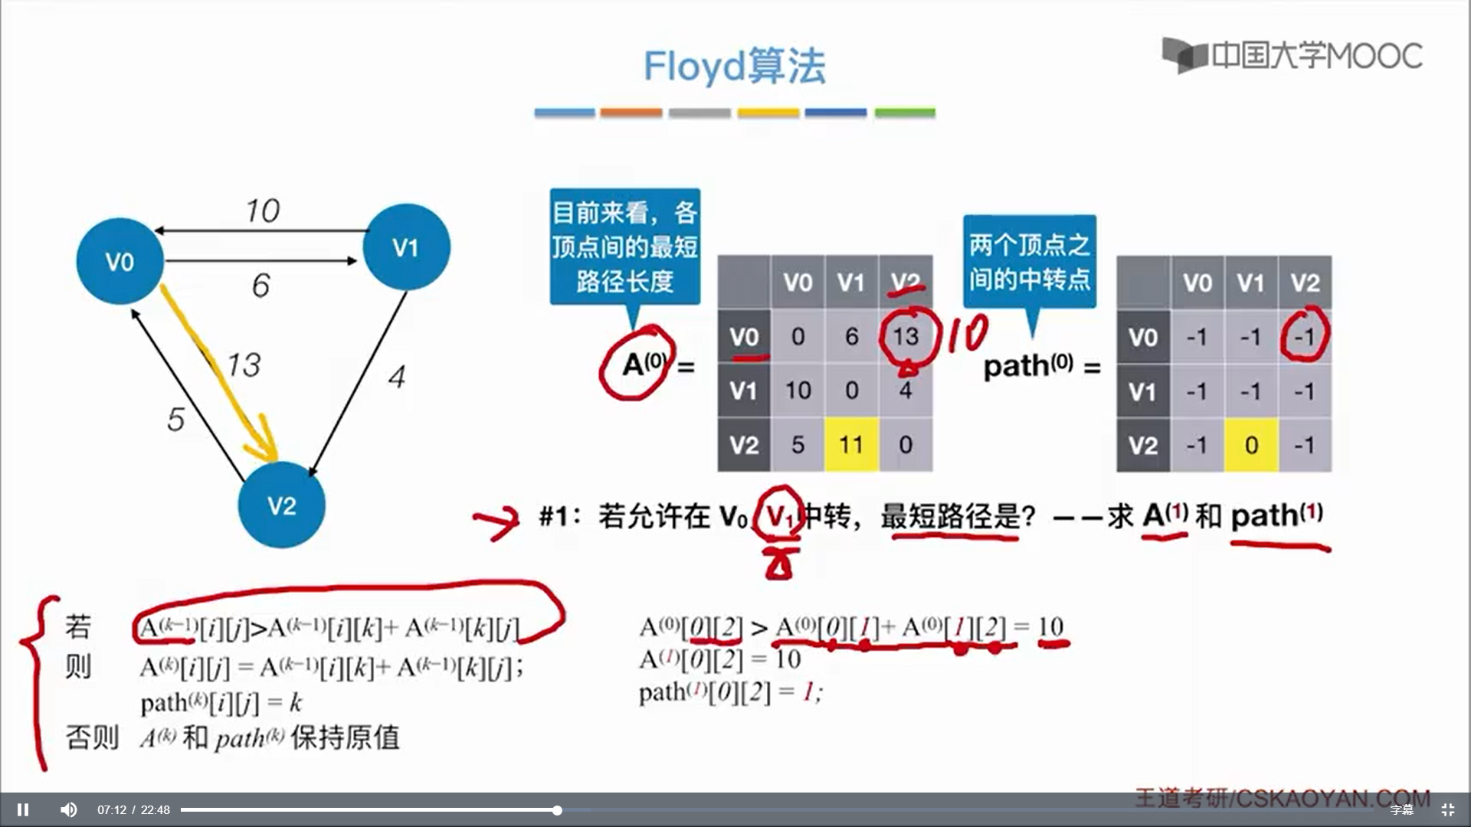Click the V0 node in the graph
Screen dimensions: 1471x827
tap(120, 261)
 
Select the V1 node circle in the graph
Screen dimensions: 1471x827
tap(406, 247)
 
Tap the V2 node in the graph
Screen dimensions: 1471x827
tap(281, 505)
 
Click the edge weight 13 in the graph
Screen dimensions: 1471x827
tap(244, 365)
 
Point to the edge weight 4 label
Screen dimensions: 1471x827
tap(396, 377)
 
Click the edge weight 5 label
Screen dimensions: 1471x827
tap(175, 419)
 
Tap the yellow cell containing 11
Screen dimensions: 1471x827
tap(851, 444)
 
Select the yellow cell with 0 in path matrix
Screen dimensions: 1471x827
tap(1251, 445)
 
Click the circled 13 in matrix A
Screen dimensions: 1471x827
tap(906, 337)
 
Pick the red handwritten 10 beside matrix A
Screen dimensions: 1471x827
tap(967, 335)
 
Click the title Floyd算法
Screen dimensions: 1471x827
tap(734, 66)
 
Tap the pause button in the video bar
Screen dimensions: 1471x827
tap(23, 809)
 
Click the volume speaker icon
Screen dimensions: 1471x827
tap(69, 809)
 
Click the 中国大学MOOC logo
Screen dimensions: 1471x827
tap(1292, 55)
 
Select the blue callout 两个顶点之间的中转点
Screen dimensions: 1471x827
tap(1029, 262)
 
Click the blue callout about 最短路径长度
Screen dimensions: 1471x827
tap(624, 247)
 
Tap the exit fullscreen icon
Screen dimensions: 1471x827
tap(1447, 809)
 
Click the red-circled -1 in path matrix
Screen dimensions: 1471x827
tap(1305, 337)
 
